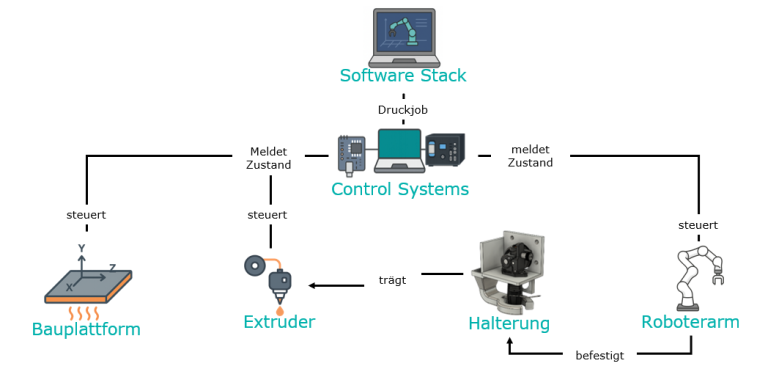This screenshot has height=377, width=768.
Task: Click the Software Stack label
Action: (403, 76)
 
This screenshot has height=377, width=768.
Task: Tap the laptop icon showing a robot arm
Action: (404, 38)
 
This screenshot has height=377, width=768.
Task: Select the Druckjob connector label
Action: (403, 110)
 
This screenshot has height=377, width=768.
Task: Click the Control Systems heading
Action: (400, 189)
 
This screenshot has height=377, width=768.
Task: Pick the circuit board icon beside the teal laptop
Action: (352, 156)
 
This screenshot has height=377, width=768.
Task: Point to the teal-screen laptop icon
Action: (399, 151)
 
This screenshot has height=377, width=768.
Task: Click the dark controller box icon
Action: (445, 150)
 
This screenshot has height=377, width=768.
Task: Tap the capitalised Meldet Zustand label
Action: (268, 158)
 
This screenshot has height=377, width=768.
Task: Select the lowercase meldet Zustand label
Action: (530, 156)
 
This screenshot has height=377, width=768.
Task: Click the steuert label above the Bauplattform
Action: (86, 215)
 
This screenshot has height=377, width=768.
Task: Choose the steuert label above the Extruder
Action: (267, 215)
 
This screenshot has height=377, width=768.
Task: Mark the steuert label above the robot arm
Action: (698, 226)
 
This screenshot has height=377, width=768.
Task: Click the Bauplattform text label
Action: (86, 330)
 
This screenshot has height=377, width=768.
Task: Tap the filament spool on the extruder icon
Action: (254, 266)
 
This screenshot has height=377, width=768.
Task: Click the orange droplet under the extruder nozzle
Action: (280, 310)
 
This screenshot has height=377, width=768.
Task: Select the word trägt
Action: (392, 281)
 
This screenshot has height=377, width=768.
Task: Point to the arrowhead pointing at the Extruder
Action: (312, 285)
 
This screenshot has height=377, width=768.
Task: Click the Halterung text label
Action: (509, 324)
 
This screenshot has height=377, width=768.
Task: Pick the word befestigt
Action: (600, 356)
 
